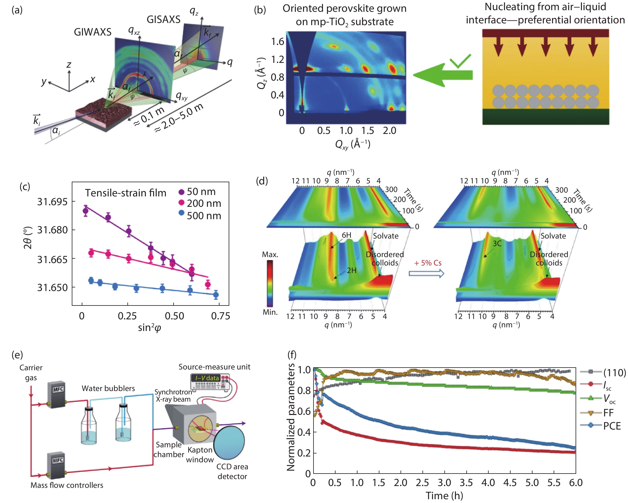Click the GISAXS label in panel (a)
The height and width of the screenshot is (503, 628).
163,20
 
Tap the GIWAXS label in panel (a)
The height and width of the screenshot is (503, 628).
93,32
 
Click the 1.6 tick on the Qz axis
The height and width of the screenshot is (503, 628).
277,42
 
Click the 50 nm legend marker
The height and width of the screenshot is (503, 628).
181,192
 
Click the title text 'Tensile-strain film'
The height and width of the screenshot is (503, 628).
126,193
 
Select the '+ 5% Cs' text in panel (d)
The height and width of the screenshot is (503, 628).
428,263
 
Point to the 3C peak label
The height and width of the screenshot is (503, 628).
497,244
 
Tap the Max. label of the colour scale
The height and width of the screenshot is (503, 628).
270,254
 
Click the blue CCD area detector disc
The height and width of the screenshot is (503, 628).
229,443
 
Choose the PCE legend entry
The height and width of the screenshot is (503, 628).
612,426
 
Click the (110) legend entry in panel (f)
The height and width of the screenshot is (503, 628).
614,373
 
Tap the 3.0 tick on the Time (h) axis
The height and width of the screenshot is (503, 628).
445,483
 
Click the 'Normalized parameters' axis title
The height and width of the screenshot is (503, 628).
291,417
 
